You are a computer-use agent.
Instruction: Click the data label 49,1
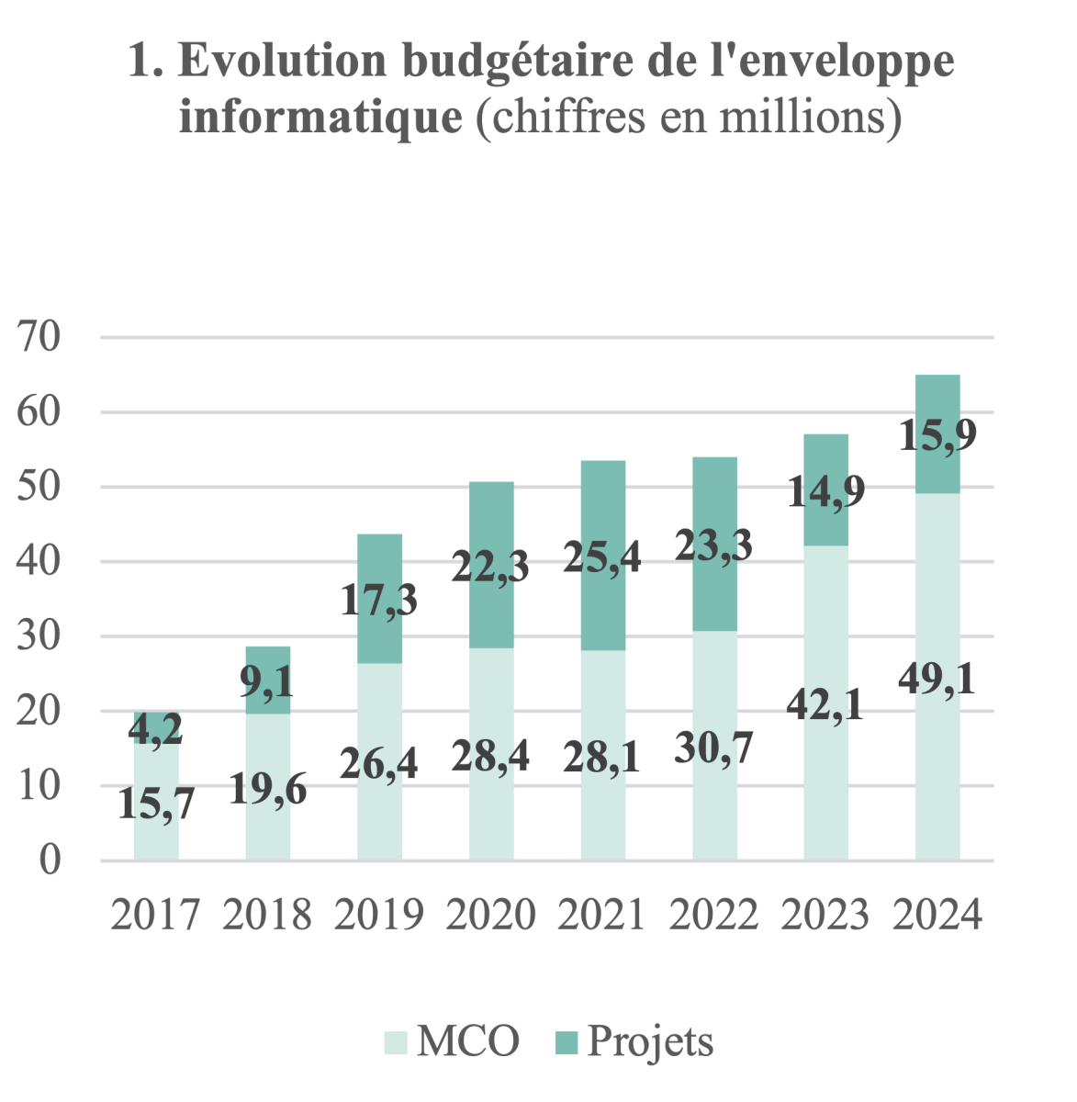coord(937,680)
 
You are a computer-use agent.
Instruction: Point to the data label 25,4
coord(602,557)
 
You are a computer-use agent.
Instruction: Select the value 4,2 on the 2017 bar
coord(156,730)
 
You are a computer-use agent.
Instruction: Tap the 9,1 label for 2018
coord(267,682)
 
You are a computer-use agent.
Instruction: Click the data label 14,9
coord(826,492)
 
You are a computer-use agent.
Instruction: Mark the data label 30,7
coord(713,749)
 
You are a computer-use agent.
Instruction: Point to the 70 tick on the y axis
coord(39,337)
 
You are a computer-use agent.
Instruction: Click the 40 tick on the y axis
coord(39,561)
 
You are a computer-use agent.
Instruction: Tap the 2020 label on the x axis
coord(491,916)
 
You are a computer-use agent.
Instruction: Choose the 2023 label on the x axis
coord(826,916)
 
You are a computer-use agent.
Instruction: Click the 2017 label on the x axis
coord(156,916)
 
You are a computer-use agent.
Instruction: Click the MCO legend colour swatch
coord(396,1042)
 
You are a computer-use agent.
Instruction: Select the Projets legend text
coord(651,1042)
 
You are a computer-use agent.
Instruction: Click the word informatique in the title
coord(320,118)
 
